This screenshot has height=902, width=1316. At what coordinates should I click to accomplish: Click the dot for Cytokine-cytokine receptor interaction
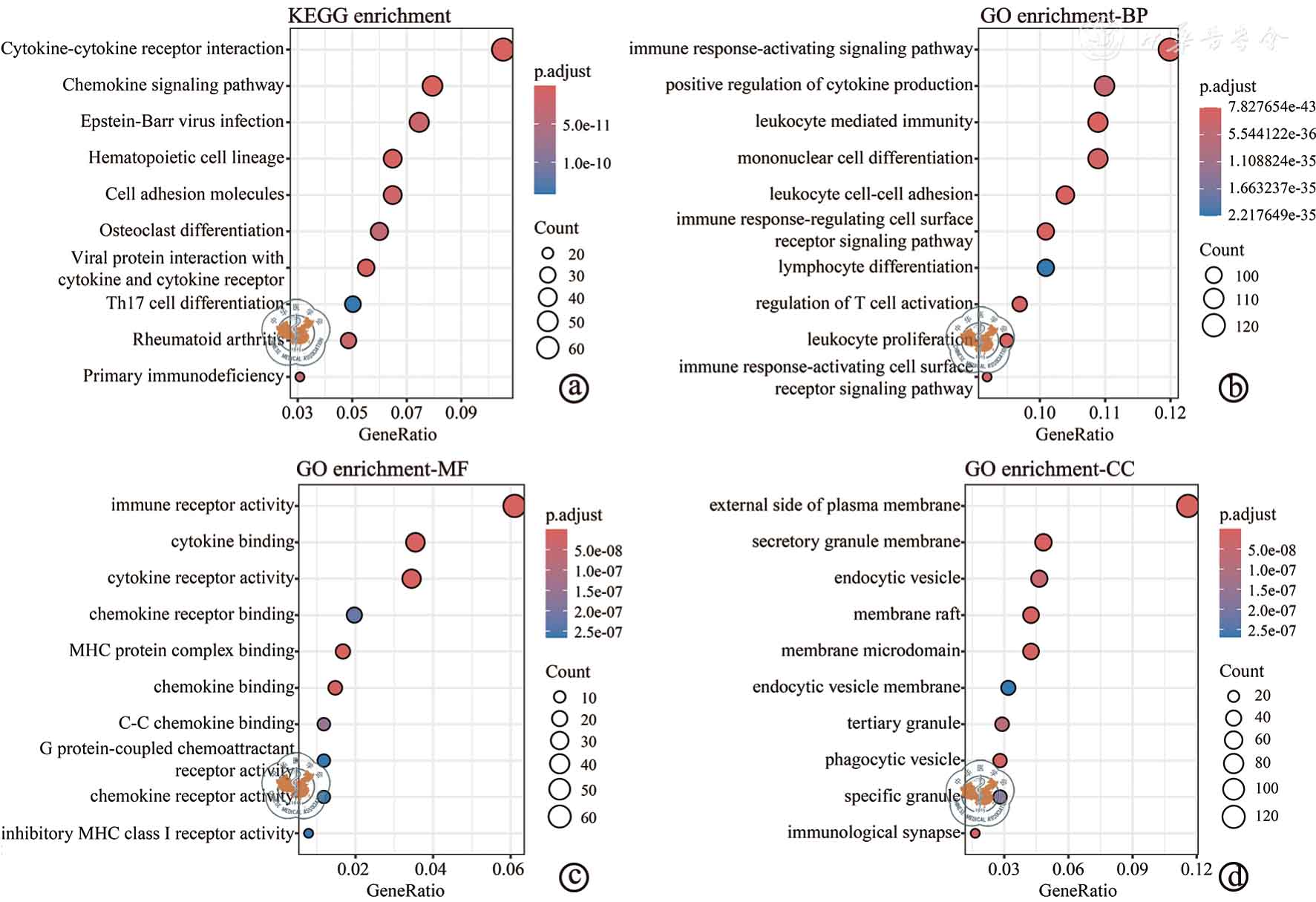(502, 50)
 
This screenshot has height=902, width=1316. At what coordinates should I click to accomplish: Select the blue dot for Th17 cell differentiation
(353, 304)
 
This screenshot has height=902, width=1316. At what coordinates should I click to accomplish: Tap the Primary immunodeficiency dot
(300, 377)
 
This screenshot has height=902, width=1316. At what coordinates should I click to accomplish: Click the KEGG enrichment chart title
(369, 16)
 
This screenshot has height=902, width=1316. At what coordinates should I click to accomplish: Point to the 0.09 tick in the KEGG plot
(462, 413)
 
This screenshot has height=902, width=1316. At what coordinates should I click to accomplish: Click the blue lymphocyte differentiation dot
(1045, 267)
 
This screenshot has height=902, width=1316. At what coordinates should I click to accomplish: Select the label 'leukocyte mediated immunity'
(863, 121)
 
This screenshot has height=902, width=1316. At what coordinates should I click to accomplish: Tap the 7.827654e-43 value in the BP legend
(1271, 106)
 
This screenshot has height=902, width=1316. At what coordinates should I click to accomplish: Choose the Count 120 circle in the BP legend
(1214, 326)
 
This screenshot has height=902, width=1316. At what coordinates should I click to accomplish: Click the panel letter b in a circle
(1234, 388)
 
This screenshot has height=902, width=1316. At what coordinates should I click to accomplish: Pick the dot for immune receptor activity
(514, 506)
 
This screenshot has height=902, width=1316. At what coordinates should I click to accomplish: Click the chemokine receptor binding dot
(354, 615)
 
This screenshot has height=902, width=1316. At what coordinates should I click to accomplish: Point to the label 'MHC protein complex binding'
(182, 650)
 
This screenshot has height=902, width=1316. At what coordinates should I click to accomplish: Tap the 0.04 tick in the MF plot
(431, 869)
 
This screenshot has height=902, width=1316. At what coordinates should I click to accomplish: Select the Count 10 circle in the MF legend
(560, 697)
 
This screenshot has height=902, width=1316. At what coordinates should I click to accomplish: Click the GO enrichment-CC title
(1049, 469)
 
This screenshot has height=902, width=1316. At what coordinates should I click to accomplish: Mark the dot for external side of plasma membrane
(1187, 506)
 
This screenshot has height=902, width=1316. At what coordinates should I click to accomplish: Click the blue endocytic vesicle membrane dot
(1008, 687)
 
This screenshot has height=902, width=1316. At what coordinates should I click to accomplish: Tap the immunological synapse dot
(975, 833)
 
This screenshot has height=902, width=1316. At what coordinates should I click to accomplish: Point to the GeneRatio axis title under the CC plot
(1077, 890)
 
